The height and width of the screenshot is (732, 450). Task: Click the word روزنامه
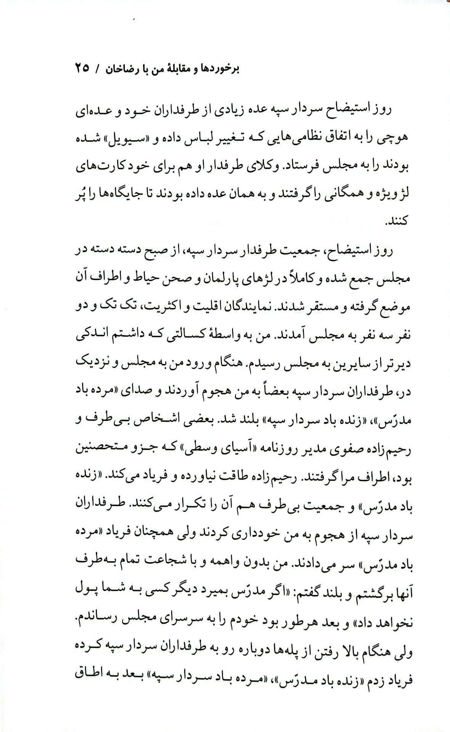tap(269, 444)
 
